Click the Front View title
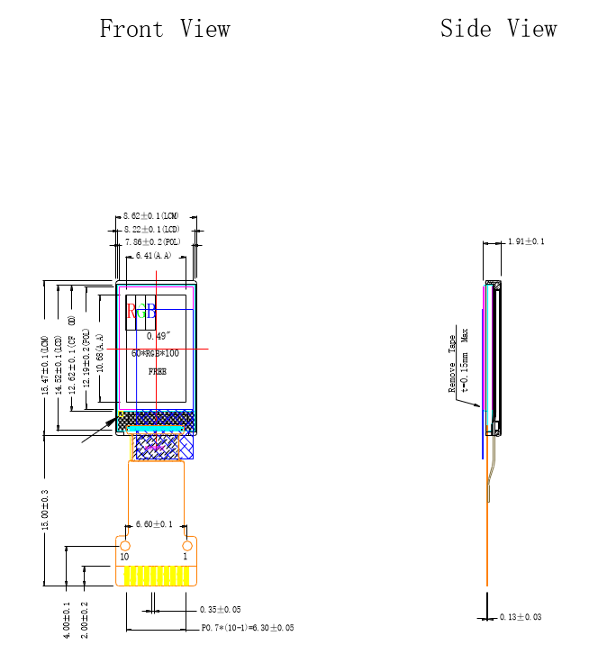165,29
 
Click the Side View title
498,29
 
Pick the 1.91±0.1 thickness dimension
526,241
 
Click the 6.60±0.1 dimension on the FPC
154,524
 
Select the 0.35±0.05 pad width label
221,610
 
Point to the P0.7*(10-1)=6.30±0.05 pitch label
248,627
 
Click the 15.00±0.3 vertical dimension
45,510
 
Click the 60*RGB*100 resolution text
155,354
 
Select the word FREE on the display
158,371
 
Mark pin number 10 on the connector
125,557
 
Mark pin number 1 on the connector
186,557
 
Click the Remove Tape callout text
453,364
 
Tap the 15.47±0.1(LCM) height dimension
45,365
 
